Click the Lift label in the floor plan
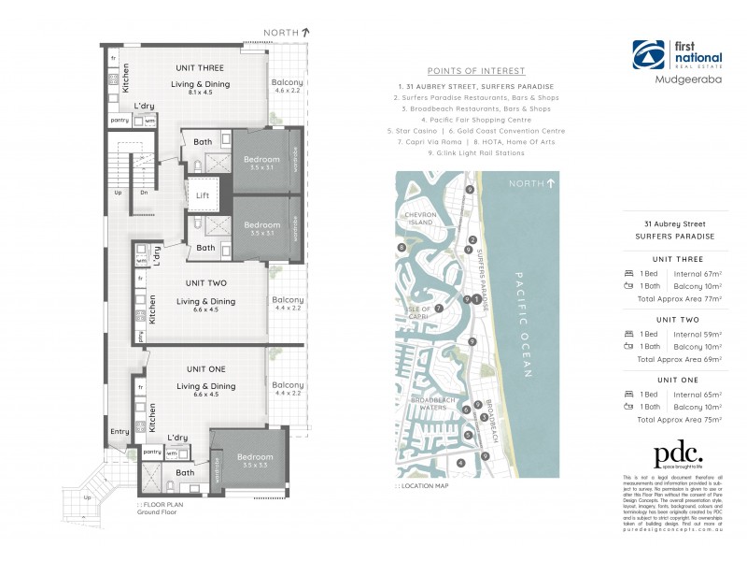tap(203, 195)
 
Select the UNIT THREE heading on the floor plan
tap(200, 68)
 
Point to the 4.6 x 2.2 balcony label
tap(287, 91)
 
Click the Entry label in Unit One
tap(120, 431)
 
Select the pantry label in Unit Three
tap(120, 121)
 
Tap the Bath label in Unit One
tap(185, 472)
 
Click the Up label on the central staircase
tap(119, 192)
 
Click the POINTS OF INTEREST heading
tap(476, 71)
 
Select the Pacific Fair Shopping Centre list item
tap(476, 120)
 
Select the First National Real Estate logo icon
tap(647, 53)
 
